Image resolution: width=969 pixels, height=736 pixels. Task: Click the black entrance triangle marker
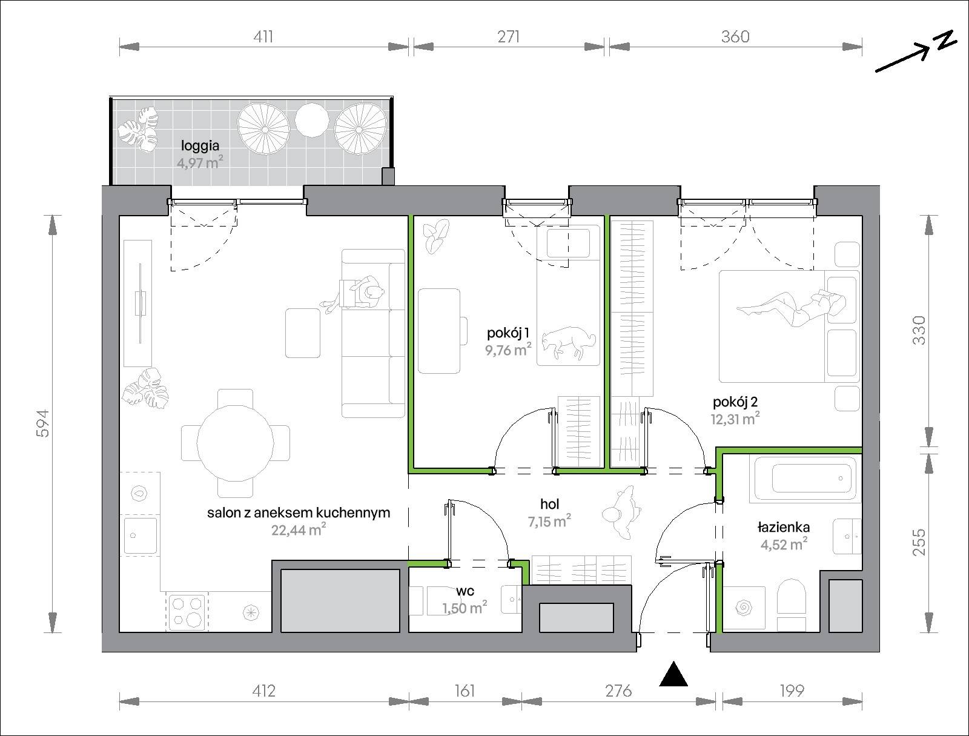673,675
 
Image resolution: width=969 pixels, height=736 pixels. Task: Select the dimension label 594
43,423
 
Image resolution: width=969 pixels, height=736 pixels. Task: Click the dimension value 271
509,36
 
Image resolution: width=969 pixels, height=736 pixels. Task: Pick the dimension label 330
919,331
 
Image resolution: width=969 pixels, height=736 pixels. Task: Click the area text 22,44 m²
299,529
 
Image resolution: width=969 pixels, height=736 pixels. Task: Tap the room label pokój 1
508,333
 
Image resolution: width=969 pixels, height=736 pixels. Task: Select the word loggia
200,146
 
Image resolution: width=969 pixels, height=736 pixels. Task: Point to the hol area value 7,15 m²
550,522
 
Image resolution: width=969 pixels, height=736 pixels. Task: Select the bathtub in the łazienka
805,479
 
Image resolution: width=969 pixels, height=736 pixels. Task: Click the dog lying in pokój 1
569,343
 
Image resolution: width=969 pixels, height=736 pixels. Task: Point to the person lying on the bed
791,307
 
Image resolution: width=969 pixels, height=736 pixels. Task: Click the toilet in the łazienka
792,603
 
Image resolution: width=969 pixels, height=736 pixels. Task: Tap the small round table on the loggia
312,120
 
